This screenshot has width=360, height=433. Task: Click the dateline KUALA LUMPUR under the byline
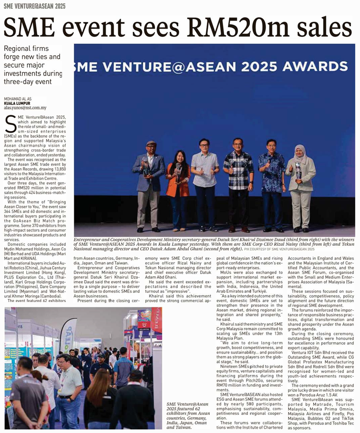[x=17, y=103]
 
